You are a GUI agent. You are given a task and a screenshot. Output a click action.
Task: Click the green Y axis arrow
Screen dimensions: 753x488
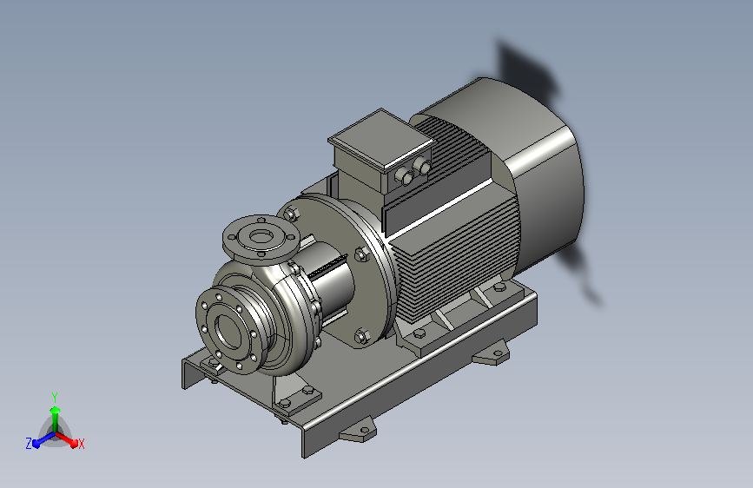[55, 418]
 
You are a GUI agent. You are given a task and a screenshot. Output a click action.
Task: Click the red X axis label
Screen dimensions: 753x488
[81, 444]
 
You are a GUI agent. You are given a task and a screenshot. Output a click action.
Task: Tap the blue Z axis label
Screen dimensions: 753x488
[29, 444]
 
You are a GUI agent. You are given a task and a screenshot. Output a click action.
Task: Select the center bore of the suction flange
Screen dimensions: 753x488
[229, 330]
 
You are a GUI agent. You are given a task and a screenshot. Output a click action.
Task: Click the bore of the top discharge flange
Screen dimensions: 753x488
[261, 236]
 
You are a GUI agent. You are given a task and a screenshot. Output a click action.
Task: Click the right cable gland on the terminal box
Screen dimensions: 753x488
[422, 166]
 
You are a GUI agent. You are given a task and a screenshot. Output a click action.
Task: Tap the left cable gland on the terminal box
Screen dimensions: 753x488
[405, 177]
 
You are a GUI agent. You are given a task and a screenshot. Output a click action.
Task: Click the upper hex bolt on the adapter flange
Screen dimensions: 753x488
[291, 213]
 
